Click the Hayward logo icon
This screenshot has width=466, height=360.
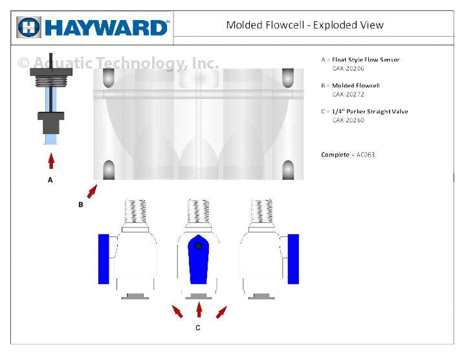29,27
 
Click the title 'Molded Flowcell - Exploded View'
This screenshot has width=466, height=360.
304,25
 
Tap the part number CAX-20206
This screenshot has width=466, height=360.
348,68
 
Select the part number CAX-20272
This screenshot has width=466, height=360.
348,94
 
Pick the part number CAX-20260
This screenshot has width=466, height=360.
348,120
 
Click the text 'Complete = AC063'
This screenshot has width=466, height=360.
348,155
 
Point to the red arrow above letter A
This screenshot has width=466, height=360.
50,159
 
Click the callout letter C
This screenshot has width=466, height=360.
198,328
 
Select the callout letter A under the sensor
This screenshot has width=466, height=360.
50,180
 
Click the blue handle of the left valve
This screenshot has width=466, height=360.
104,259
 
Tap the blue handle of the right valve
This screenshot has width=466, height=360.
293,259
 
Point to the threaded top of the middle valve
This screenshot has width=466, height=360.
199,211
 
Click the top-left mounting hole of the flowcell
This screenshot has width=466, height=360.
109,79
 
